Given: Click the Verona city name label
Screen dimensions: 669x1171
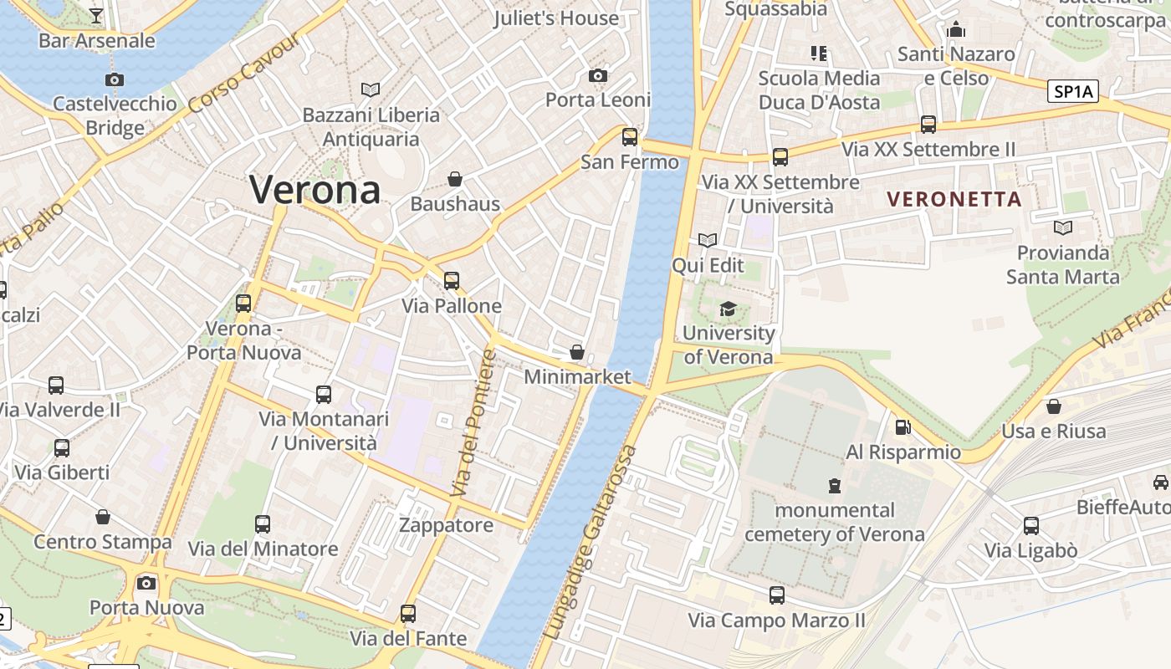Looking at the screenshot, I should click(x=315, y=190).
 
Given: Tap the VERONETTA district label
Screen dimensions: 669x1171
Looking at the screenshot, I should click(x=954, y=199).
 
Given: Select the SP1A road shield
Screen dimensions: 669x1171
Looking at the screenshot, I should click(x=1074, y=91).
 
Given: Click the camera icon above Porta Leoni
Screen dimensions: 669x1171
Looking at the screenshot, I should click(x=597, y=76).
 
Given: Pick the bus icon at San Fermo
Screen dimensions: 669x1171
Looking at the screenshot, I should click(x=630, y=136).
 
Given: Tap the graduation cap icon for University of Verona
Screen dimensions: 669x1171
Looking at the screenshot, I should click(x=728, y=309).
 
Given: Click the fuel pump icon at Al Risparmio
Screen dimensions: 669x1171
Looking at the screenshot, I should click(x=903, y=427).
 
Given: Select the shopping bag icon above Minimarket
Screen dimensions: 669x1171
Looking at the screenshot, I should click(x=576, y=352).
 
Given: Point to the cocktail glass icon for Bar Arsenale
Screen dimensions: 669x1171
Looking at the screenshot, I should click(x=96, y=15).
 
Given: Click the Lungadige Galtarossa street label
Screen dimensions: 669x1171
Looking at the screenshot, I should click(x=591, y=544).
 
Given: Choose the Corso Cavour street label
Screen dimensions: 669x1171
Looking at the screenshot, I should click(x=244, y=74).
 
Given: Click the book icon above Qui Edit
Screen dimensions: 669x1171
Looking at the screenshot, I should click(x=708, y=241).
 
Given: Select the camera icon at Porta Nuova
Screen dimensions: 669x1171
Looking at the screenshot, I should click(x=146, y=583).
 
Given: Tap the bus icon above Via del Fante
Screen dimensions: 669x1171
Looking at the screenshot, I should click(x=408, y=614).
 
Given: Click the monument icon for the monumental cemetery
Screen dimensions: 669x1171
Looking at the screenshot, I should click(x=834, y=485).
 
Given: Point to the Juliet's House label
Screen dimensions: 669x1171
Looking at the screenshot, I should click(x=555, y=18).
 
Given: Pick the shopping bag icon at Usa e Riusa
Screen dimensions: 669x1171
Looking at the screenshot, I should click(x=1054, y=406).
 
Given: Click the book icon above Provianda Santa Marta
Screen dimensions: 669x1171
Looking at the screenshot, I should click(x=1063, y=227).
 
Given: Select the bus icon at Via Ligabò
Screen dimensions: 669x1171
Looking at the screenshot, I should click(x=1031, y=526).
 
